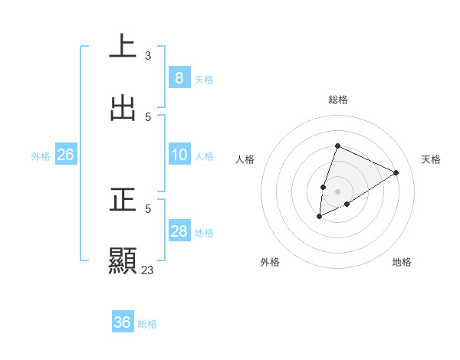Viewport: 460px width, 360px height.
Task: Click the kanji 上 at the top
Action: (x=123, y=45)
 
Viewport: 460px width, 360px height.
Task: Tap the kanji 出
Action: (x=123, y=107)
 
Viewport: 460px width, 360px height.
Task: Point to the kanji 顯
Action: (x=123, y=260)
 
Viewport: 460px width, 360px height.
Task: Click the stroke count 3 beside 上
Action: (x=148, y=56)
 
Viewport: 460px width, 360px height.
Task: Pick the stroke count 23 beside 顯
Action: (x=148, y=270)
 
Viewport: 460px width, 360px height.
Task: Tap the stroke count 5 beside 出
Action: (x=148, y=116)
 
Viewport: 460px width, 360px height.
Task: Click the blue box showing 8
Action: (x=179, y=78)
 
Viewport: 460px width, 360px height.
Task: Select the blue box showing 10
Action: (x=179, y=155)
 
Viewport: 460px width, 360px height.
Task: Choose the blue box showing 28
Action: (x=179, y=231)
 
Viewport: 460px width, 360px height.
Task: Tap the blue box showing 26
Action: (x=66, y=155)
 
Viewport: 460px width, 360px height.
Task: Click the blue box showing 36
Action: (x=123, y=322)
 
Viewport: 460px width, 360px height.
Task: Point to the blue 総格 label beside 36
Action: (x=147, y=324)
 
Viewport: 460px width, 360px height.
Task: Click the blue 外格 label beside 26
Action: (x=41, y=156)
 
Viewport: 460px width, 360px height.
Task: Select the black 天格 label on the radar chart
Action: (x=432, y=159)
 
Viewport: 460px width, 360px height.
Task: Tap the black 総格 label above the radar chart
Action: (x=338, y=100)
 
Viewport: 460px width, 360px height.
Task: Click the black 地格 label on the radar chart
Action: (x=402, y=263)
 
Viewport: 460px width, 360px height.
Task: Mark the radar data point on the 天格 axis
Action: (x=396, y=172)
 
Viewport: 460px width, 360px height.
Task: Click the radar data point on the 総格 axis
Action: (x=337, y=146)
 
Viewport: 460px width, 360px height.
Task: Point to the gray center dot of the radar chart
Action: (x=337, y=191)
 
